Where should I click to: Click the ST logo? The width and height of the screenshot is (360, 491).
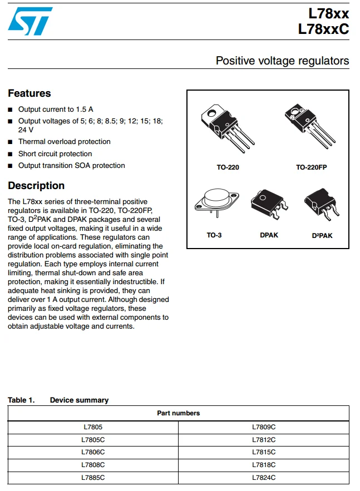tap(31, 21)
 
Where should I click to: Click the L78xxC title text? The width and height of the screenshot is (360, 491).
tap(323, 29)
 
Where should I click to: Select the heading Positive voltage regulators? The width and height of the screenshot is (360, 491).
tap(282, 61)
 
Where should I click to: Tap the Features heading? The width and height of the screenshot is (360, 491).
tap(29, 93)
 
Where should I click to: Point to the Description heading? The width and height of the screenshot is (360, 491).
tap(36, 186)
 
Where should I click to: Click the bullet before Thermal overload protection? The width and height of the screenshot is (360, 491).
tap(10, 142)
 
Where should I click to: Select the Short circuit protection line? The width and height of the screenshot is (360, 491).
tap(55, 153)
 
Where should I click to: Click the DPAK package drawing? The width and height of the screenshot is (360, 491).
tap(268, 203)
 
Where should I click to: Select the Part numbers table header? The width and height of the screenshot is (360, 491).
tap(179, 413)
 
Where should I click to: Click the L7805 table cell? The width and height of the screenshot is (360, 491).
tap(93, 427)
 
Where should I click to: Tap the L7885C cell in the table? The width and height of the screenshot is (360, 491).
tap(93, 478)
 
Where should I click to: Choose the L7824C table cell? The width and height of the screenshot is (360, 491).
tap(264, 478)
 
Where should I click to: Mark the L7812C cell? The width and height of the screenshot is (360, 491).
tap(264, 440)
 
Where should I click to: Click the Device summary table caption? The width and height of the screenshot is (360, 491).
tap(79, 400)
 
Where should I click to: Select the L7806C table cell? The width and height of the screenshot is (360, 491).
tap(93, 452)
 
